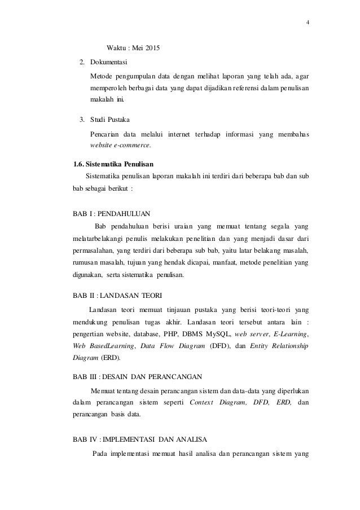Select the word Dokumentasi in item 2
coord(109,61)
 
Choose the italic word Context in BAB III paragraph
coord(203,403)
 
